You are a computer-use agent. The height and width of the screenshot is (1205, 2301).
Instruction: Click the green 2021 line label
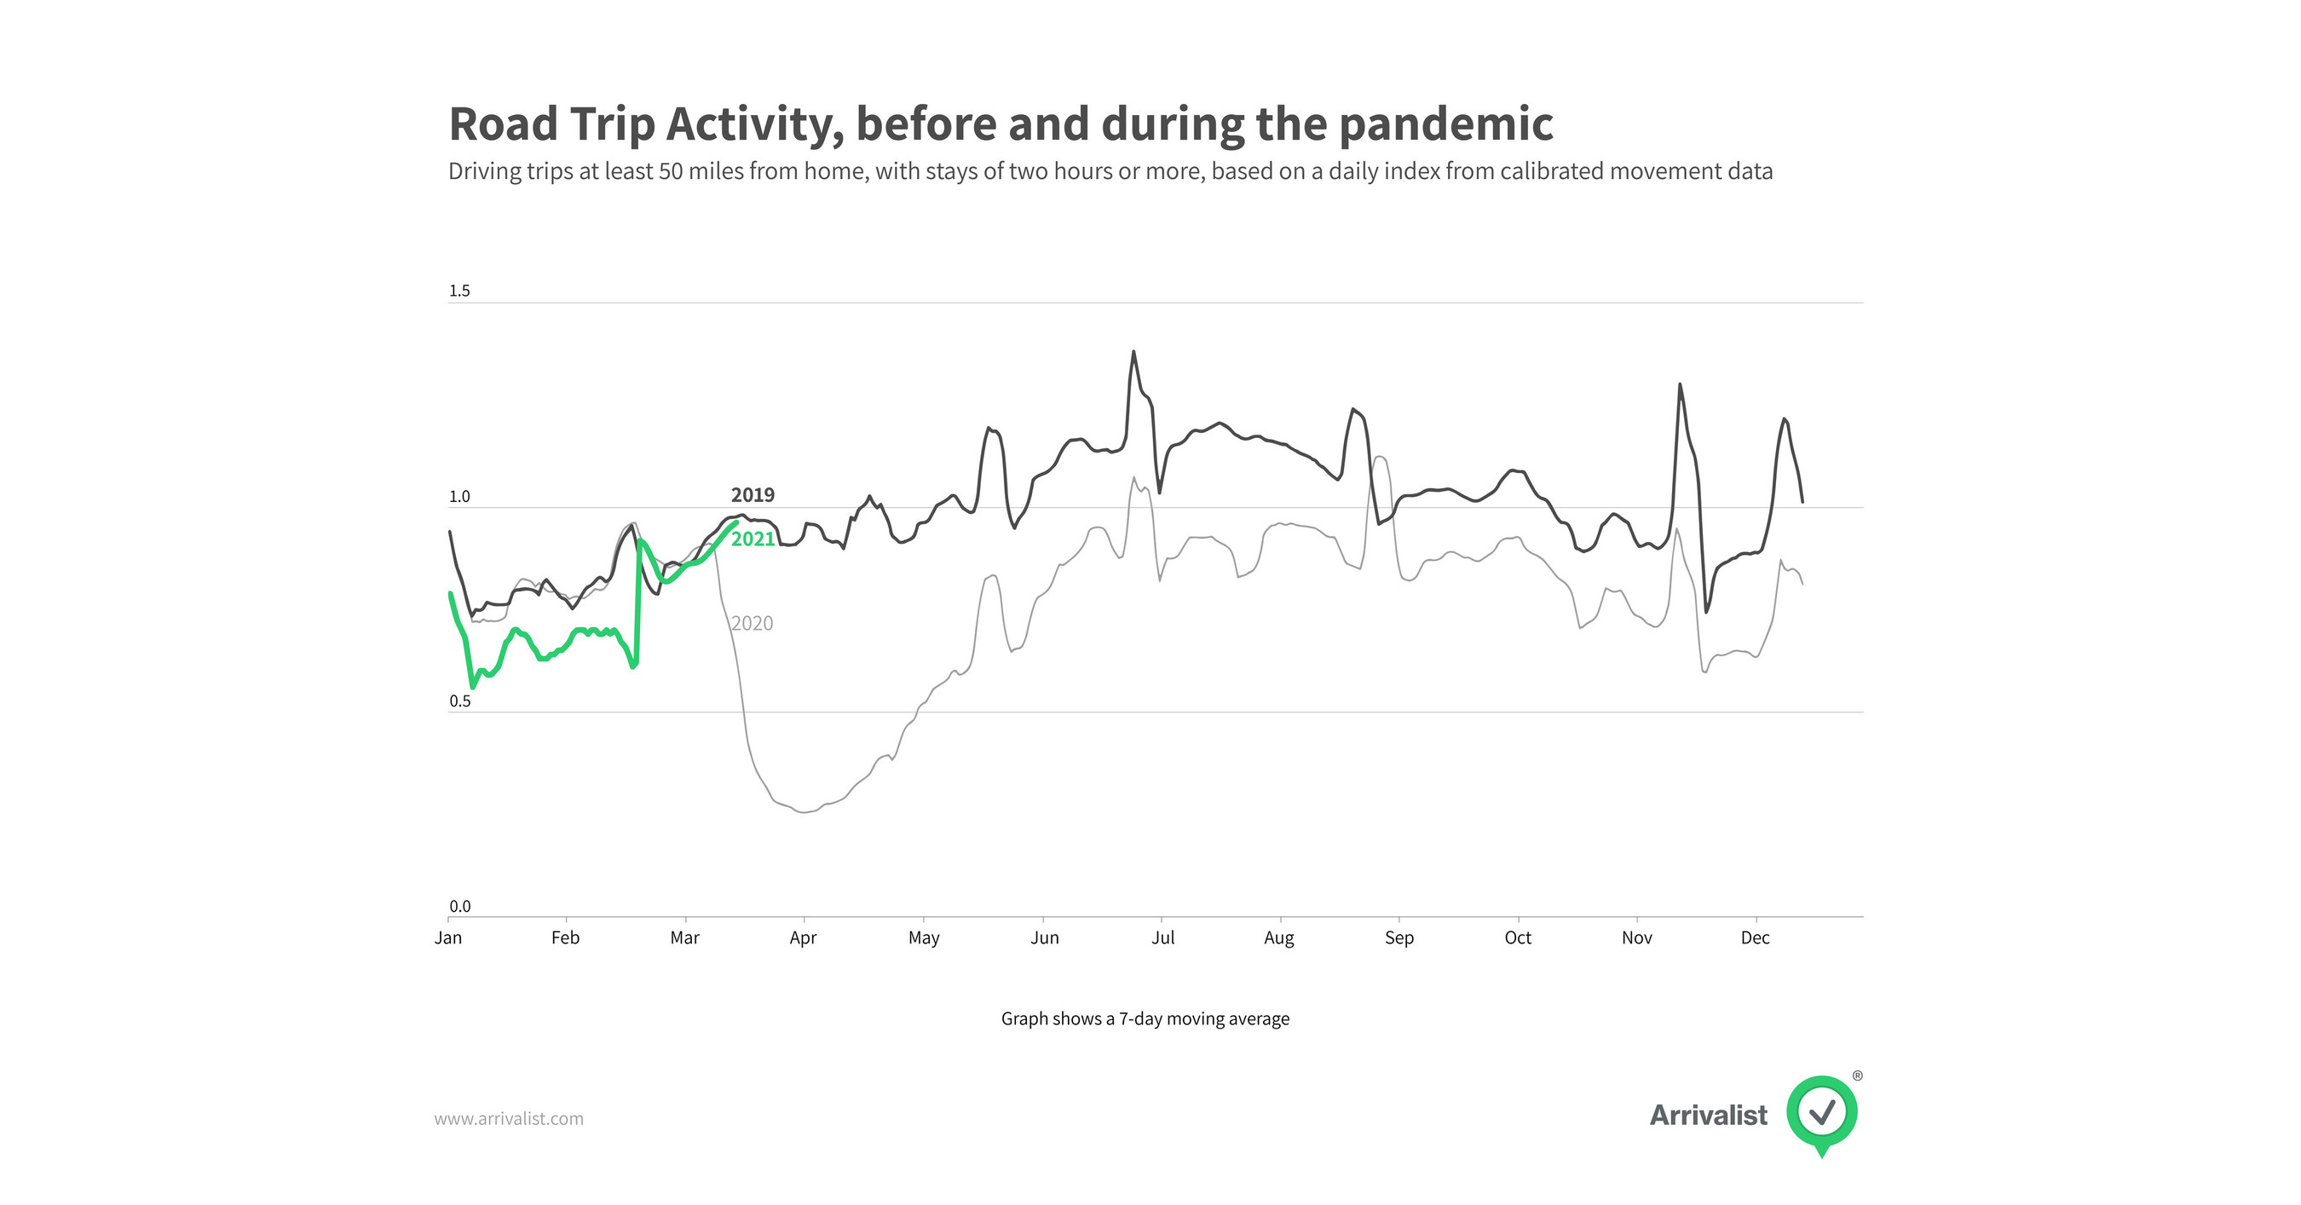(x=753, y=539)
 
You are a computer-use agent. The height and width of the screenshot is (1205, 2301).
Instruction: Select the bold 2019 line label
(x=753, y=495)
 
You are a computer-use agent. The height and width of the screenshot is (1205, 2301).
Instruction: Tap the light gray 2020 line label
(x=753, y=624)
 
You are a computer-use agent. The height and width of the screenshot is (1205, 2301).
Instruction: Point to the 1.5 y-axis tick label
(x=459, y=291)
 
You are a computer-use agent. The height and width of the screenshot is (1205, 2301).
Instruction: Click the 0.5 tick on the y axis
(x=459, y=701)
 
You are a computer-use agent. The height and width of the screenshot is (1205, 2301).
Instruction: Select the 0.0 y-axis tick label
(x=459, y=906)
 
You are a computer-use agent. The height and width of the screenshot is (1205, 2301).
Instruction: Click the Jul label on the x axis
(x=1162, y=938)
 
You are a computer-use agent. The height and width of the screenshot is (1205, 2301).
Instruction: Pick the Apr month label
(x=803, y=938)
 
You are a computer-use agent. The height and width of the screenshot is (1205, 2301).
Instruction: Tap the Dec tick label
(x=1755, y=938)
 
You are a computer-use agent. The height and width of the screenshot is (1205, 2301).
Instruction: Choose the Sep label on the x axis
(x=1398, y=938)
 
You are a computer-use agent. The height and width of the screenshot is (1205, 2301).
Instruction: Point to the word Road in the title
(x=503, y=124)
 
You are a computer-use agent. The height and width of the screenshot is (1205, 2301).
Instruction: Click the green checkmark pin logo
(x=1821, y=1113)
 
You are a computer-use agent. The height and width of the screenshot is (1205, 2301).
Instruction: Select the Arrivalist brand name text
(x=1708, y=1115)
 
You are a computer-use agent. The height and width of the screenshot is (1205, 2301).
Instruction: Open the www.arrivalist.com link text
(x=508, y=1118)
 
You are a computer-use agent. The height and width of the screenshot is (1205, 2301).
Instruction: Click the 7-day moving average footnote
(x=1145, y=1018)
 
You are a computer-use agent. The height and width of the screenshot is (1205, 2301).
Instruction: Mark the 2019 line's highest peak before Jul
(x=1133, y=352)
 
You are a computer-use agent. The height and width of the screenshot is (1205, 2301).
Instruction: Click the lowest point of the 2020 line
(x=804, y=812)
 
